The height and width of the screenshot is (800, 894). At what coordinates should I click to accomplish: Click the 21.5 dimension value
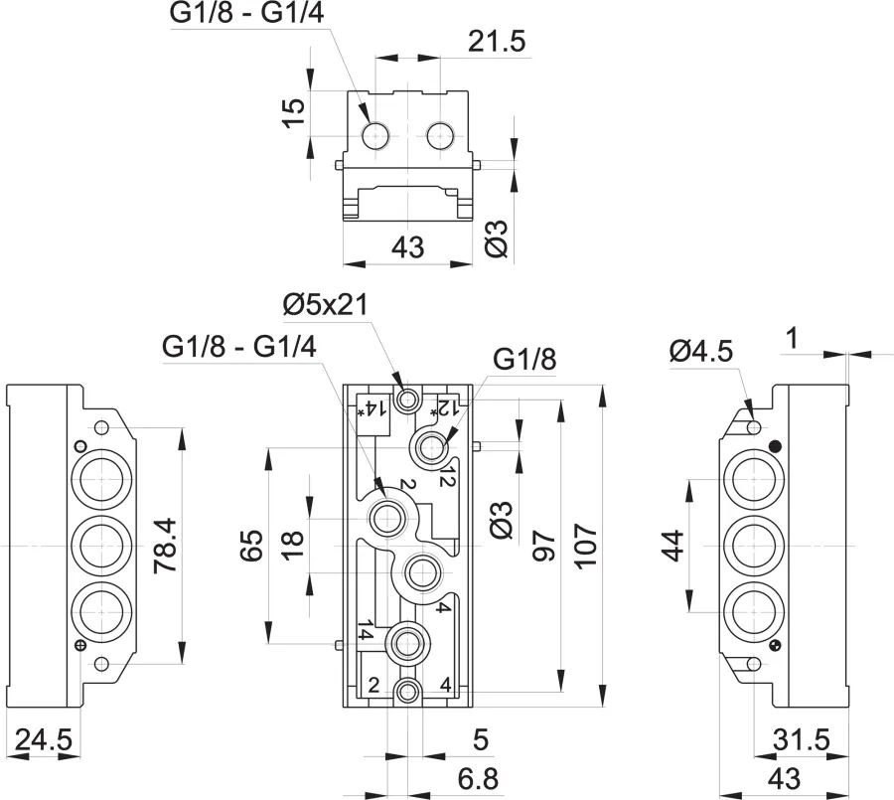click(497, 42)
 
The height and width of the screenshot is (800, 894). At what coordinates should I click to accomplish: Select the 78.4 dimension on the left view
click(166, 545)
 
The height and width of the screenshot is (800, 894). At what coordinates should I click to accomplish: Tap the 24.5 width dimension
click(44, 740)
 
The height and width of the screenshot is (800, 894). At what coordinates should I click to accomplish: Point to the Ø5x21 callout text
click(326, 305)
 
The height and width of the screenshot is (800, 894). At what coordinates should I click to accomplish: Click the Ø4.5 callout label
click(701, 351)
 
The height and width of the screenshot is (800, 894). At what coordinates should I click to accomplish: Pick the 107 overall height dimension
click(585, 546)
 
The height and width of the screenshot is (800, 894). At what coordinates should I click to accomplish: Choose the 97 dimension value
click(543, 546)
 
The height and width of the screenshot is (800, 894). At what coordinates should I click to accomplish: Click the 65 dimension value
click(251, 546)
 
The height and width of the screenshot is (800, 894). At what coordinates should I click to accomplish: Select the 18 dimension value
click(293, 546)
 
